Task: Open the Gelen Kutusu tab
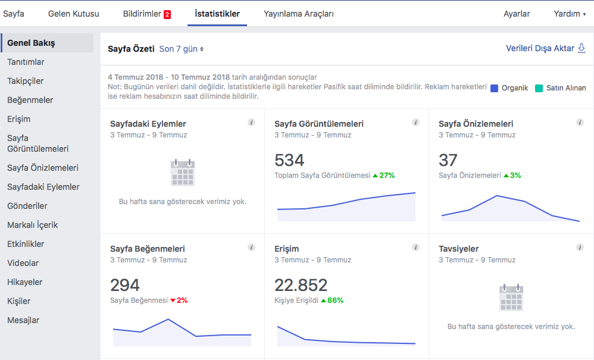[73, 14]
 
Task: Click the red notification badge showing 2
[167, 14]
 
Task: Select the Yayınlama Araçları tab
[299, 14]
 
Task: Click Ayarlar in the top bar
[517, 14]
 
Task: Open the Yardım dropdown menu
[570, 14]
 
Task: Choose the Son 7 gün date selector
[181, 49]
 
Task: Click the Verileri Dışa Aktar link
[546, 48]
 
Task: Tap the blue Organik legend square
[494, 88]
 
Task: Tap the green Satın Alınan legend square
[539, 88]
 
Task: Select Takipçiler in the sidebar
[26, 81]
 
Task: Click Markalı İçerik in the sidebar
[33, 225]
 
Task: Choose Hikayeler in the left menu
[24, 282]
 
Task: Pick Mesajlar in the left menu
[23, 320]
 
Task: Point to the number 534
[289, 160]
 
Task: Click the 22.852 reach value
[301, 285]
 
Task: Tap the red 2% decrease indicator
[179, 300]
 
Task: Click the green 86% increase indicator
[332, 300]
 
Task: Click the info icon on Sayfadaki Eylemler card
[252, 122]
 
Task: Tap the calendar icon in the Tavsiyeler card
[511, 298]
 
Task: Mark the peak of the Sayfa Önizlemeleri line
[496, 196]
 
